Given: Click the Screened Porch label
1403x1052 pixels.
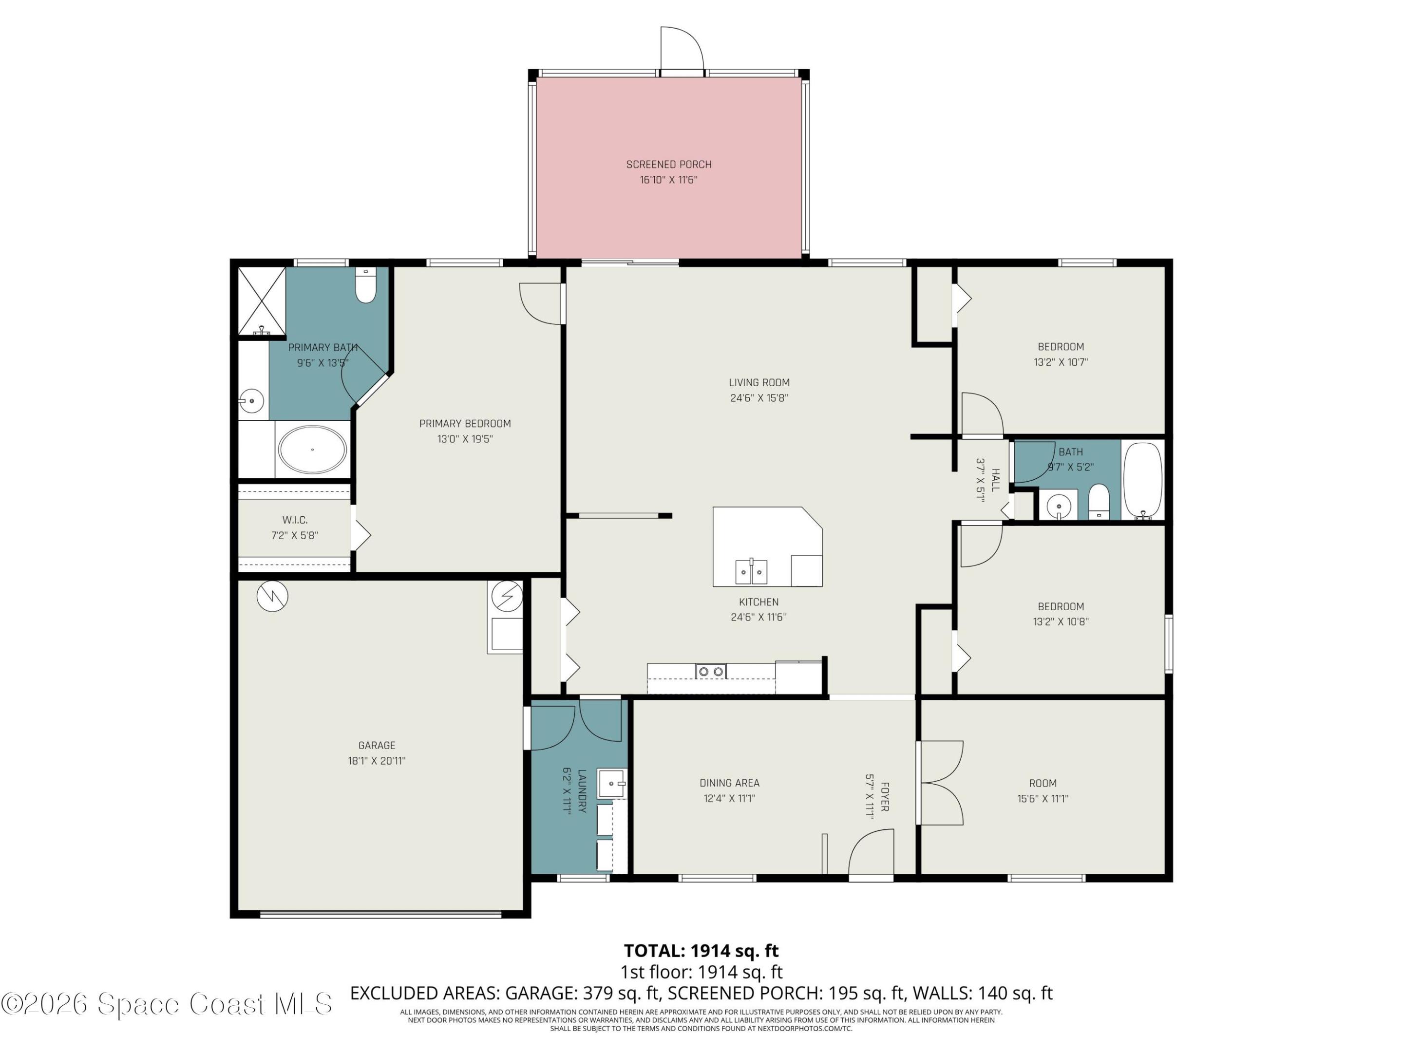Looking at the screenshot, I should pos(668,164).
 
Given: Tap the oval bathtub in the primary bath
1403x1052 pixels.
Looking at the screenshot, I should pos(312,450).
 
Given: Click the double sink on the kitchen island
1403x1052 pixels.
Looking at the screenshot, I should pos(751,571).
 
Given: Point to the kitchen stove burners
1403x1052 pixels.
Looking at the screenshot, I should pos(710,671).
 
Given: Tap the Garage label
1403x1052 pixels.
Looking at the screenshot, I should pos(376,745).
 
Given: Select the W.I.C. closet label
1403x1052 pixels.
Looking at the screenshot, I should pos(295,520).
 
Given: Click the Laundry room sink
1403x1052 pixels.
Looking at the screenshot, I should pos(612,784).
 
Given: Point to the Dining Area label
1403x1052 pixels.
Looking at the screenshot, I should pos(729,783).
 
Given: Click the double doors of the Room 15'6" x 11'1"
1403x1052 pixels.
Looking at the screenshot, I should pos(941,783).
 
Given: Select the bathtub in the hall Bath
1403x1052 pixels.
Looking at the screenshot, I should pos(1142,481).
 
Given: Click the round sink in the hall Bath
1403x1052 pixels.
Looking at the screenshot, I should pos(1059,507).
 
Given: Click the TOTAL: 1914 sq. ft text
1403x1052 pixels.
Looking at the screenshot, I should pos(701,951).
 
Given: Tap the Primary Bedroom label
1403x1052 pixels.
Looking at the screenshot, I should pos(465,424).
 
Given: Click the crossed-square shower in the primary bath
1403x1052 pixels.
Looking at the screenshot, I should pos(261,301).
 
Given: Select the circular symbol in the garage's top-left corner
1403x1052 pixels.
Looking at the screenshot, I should pos(273,596).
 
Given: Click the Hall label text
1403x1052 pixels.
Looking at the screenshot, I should pos(995,480).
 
